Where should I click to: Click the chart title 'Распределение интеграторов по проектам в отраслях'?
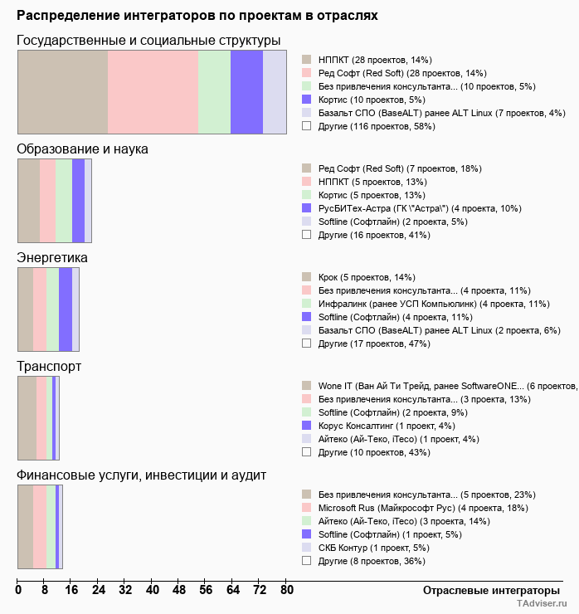click(197, 15)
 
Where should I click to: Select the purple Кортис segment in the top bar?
click(246, 91)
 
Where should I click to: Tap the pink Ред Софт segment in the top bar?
click(153, 91)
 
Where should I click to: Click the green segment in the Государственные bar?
click(214, 91)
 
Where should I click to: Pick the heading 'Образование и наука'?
click(82, 149)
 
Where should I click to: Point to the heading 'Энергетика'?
click(52, 258)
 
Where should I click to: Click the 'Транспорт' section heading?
click(49, 367)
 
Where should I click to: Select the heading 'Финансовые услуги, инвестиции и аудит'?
click(141, 475)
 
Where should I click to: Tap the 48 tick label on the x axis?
click(179, 591)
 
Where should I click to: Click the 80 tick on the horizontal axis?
click(286, 591)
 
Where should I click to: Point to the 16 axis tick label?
click(71, 591)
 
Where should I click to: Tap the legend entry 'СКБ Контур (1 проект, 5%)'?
click(373, 548)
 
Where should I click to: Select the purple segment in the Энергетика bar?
click(66, 309)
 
